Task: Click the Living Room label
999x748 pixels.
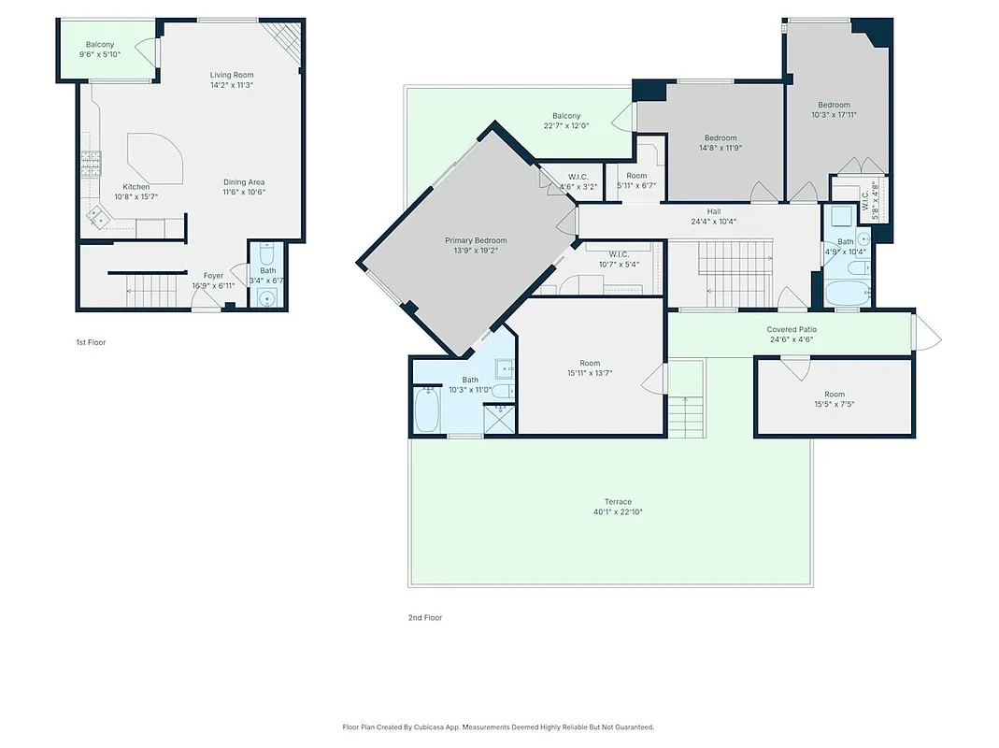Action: pyautogui.click(x=231, y=75)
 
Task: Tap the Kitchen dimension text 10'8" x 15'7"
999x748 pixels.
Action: pyautogui.click(x=136, y=197)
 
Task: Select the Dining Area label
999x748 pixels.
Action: pyautogui.click(x=244, y=181)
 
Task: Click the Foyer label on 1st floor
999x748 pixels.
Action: pyautogui.click(x=213, y=276)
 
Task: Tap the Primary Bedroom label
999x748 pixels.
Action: pyautogui.click(x=476, y=240)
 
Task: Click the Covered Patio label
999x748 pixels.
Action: pyautogui.click(x=792, y=329)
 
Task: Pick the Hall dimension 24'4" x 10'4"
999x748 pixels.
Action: pyautogui.click(x=714, y=222)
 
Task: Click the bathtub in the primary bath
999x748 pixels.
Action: pyautogui.click(x=426, y=410)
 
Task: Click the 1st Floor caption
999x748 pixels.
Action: pyautogui.click(x=91, y=342)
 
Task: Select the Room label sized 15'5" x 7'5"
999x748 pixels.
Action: pyautogui.click(x=834, y=395)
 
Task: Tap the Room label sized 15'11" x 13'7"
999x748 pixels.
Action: pyautogui.click(x=589, y=363)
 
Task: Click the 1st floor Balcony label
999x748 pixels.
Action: pyautogui.click(x=100, y=45)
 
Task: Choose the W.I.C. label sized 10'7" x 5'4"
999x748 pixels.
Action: pyautogui.click(x=619, y=254)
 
